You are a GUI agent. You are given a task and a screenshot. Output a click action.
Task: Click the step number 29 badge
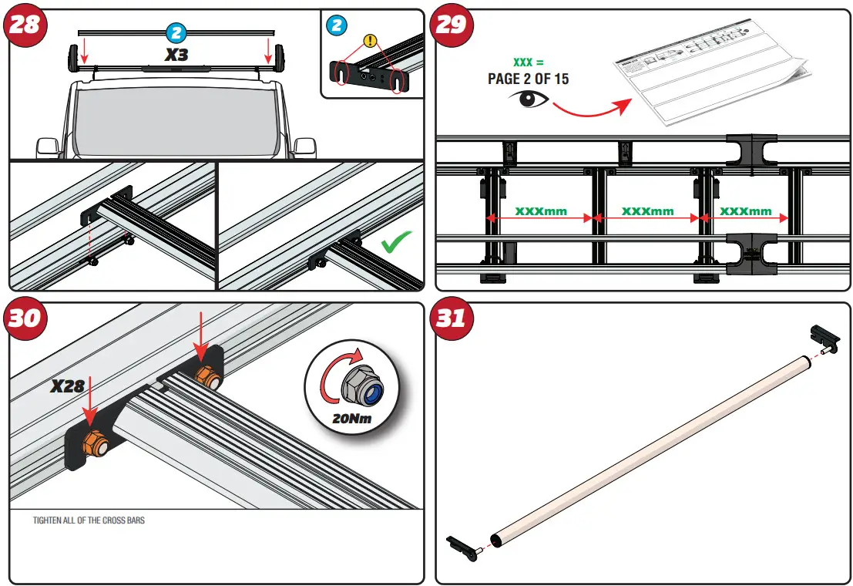(452, 25)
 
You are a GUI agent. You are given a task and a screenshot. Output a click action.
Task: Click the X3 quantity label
(176, 55)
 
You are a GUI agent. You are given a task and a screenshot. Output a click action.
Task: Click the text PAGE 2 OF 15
(528, 79)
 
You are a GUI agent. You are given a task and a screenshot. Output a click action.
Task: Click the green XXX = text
(529, 62)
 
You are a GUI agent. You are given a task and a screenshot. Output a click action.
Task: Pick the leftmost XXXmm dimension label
(539, 211)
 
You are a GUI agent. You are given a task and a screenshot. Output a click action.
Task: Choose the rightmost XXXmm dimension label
(745, 211)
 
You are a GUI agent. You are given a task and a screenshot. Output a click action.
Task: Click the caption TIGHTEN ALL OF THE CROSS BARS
(89, 520)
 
